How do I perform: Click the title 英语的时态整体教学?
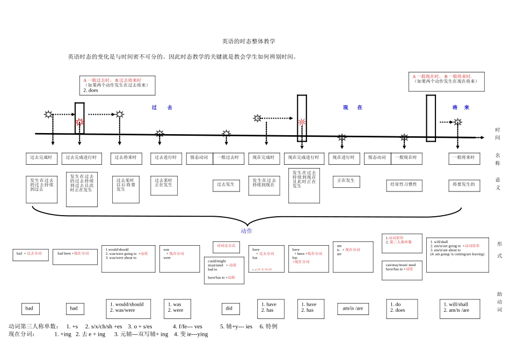click(x=248, y=41)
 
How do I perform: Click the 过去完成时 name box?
click(x=41, y=158)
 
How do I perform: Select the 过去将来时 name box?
click(x=126, y=158)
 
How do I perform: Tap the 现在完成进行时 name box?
click(x=304, y=158)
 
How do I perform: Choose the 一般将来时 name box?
click(x=463, y=158)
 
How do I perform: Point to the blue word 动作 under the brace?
click(x=246, y=231)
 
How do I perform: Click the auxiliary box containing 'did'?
click(x=229, y=308)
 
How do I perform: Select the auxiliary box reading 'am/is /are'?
click(x=353, y=308)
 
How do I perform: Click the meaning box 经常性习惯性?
click(x=404, y=185)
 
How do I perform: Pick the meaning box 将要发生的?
click(x=463, y=185)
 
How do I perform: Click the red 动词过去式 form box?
click(x=226, y=246)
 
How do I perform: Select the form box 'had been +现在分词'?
click(x=75, y=256)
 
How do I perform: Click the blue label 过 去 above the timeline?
click(x=162, y=108)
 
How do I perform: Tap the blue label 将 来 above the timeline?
click(x=461, y=108)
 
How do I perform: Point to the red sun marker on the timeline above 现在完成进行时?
click(x=302, y=122)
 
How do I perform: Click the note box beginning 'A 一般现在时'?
click(x=446, y=81)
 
